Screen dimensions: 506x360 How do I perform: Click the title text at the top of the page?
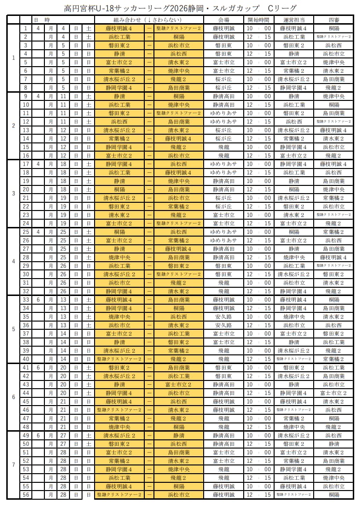pos(180,8)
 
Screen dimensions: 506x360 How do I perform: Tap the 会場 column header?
pos(223,20)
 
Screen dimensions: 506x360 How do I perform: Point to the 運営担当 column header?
pos(294,20)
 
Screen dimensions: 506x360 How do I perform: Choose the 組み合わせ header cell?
pos(149,20)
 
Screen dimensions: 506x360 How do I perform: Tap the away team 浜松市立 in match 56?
pos(179,495)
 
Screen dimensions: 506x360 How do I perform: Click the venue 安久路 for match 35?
pos(223,317)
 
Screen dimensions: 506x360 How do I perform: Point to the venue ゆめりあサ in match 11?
pos(223,113)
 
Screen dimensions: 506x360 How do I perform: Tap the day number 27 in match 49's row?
pos(63,436)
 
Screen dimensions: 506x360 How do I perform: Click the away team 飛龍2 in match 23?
pos(179,215)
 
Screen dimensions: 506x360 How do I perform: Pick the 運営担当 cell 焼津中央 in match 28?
pos(294,257)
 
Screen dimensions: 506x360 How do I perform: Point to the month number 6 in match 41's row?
pos(38,367)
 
